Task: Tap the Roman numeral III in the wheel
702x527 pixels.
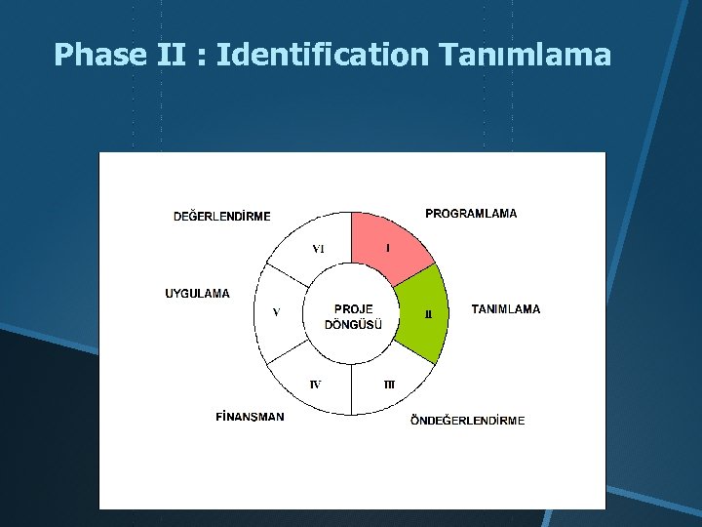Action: (389, 385)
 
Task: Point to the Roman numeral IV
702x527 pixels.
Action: (315, 385)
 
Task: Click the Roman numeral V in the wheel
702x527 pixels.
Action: (276, 312)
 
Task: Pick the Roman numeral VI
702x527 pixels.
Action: (318, 249)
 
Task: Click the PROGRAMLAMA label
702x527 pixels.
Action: (471, 213)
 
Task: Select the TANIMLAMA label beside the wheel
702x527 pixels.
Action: (505, 309)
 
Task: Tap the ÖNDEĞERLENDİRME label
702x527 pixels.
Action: (467, 421)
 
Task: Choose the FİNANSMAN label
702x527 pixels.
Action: (250, 417)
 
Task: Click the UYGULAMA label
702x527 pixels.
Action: (198, 293)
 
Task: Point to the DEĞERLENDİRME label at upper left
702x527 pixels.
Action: (221, 216)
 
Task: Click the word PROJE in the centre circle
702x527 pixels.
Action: (353, 309)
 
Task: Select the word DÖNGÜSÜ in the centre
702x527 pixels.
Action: (353, 325)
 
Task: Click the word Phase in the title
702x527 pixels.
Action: (97, 55)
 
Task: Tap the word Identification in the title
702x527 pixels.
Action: (322, 55)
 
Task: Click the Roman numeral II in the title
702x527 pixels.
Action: (173, 55)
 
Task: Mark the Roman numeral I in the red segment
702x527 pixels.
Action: (388, 249)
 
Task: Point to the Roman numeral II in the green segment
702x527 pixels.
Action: (427, 314)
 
